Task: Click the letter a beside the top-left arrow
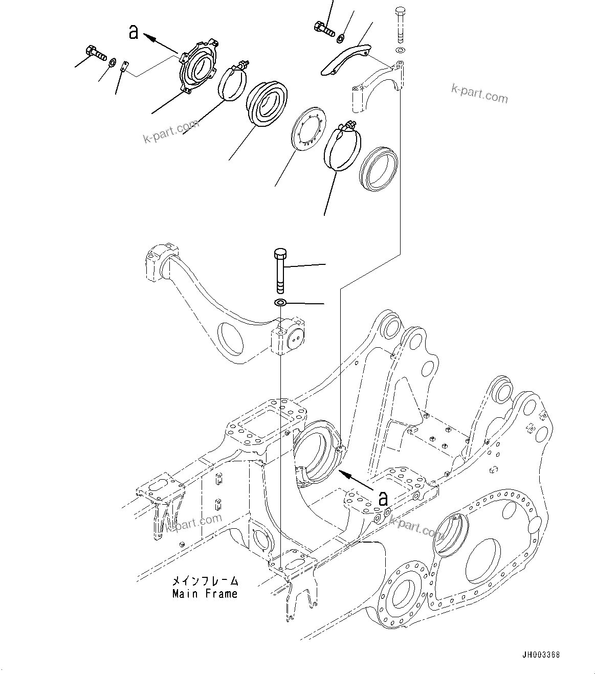click(134, 32)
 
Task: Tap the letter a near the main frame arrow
click(383, 497)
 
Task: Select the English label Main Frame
click(205, 594)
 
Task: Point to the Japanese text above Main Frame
click(205, 581)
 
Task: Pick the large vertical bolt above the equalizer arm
click(279, 271)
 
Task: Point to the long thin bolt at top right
click(400, 26)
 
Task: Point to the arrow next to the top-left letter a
click(161, 43)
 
